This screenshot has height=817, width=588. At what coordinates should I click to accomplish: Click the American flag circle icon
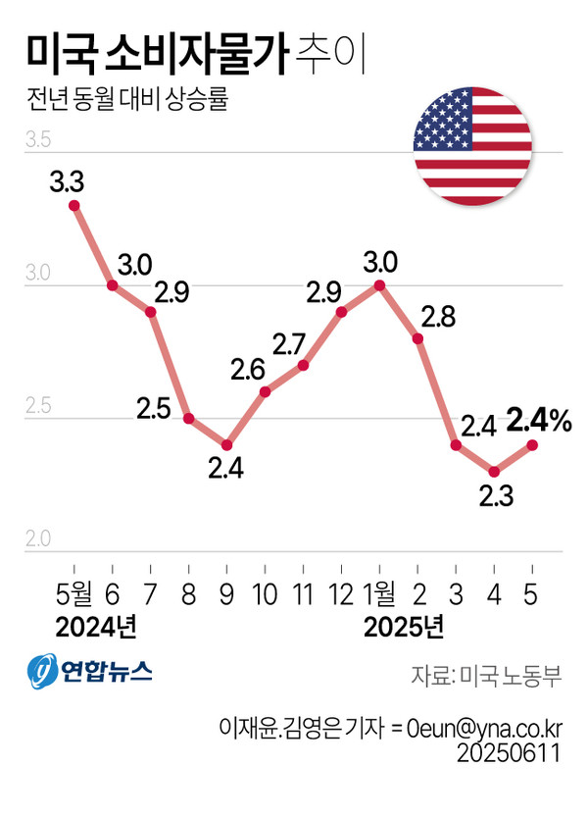[474, 146]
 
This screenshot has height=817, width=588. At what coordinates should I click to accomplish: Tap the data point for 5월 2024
[73, 205]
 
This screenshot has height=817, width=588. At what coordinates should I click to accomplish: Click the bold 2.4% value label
[539, 422]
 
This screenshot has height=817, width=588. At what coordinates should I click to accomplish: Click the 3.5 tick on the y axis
[39, 142]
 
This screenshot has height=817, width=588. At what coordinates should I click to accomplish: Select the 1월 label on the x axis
[379, 594]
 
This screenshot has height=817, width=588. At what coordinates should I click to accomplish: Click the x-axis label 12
[340, 594]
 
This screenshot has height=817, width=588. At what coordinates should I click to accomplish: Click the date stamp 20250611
[511, 753]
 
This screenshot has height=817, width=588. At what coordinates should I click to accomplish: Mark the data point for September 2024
[226, 445]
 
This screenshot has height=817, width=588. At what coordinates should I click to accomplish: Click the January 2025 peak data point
[379, 285]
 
